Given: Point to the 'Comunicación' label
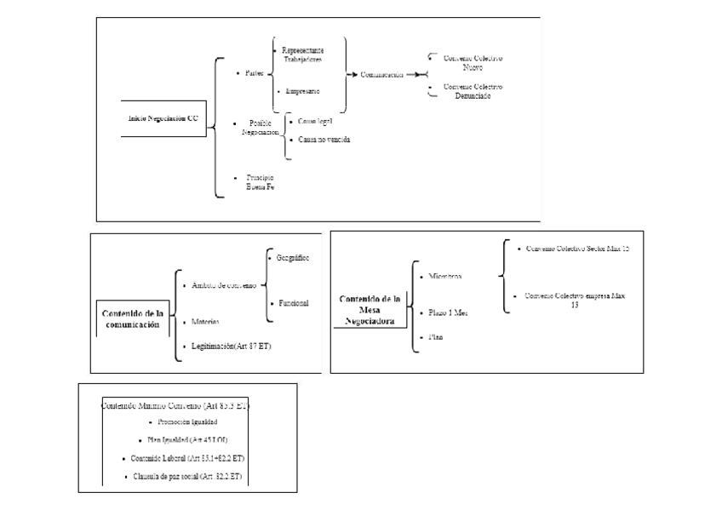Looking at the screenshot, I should [381, 74].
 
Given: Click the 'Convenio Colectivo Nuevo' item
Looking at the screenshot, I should [473, 62].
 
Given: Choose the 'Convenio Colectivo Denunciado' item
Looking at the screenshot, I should [473, 91].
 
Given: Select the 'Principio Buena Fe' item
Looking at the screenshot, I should [260, 181].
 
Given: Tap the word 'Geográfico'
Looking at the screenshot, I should [292, 256].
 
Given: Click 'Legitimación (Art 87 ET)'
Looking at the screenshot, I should [231, 346].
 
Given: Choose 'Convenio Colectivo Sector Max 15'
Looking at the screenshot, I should [576, 249].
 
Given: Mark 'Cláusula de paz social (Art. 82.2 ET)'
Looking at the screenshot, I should [188, 475].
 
